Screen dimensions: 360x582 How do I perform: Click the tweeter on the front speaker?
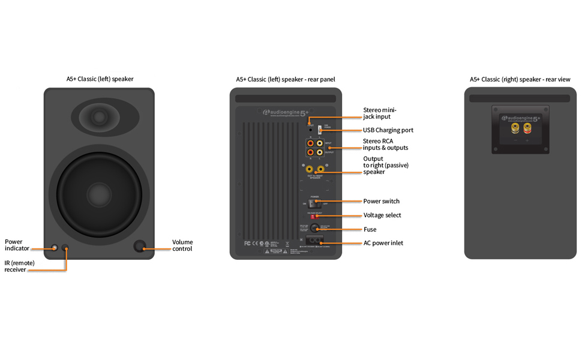(99, 116)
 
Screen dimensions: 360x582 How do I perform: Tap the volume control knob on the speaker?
(140, 246)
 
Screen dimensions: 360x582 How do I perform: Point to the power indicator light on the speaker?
(55, 247)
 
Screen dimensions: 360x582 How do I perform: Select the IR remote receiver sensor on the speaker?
(65, 247)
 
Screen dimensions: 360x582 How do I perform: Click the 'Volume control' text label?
(182, 245)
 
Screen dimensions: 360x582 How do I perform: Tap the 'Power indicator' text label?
(17, 245)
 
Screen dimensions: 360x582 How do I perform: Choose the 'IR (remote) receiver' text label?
(19, 266)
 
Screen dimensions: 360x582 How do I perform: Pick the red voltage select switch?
(313, 216)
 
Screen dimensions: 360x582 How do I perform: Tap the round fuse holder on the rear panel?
(313, 229)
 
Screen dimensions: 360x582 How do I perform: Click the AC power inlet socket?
(314, 242)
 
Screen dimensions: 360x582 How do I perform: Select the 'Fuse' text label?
(370, 230)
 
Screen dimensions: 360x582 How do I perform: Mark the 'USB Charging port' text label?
(388, 130)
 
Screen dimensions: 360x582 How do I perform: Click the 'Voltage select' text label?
(382, 215)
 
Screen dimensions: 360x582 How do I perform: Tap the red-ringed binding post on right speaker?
(527, 128)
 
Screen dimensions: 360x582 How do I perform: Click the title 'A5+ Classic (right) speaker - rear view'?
(520, 79)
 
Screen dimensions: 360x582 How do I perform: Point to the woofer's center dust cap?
(98, 194)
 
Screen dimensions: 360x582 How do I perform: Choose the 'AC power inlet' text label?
(383, 243)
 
